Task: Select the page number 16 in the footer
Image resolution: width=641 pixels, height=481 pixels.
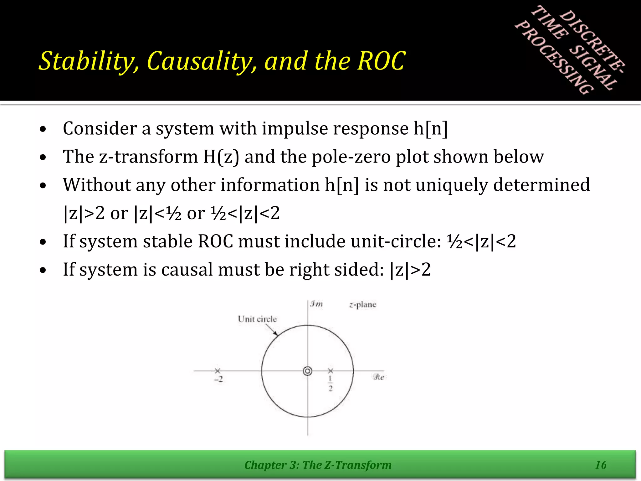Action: tap(601, 465)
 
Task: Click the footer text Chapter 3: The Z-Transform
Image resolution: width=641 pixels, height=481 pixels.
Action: tap(318, 465)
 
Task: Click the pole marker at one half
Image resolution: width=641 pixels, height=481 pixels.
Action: tap(331, 371)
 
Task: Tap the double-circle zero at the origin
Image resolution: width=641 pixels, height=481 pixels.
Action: tap(308, 371)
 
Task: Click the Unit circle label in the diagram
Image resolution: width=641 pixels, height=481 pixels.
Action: tap(257, 319)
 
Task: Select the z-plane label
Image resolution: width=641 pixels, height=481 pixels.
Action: tap(362, 304)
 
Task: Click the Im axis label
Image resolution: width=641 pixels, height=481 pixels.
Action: tap(316, 304)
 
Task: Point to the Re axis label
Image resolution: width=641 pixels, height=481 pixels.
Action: tap(379, 377)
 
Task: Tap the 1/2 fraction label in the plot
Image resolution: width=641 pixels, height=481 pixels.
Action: tap(331, 384)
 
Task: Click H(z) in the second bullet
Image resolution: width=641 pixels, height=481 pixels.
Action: tap(221, 157)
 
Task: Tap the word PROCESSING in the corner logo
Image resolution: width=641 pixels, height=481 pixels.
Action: tap(554, 58)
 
